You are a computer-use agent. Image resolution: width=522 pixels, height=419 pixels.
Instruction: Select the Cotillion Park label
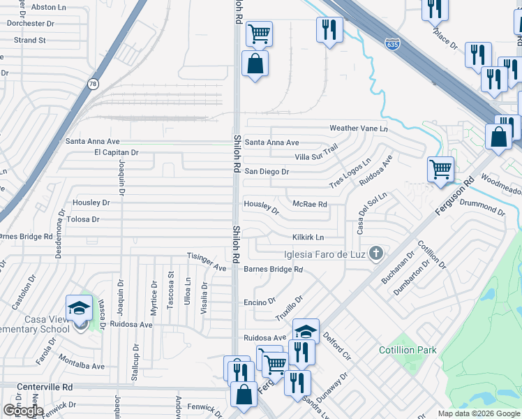click(406, 350)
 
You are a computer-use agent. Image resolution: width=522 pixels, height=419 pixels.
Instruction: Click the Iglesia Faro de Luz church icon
click(376, 253)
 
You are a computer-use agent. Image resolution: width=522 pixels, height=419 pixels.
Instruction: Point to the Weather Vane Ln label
click(358, 128)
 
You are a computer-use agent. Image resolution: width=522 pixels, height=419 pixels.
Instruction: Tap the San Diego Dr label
click(266, 171)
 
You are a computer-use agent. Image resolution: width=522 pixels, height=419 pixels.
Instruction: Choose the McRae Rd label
click(310, 204)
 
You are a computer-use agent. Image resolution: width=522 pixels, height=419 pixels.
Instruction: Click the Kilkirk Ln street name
click(308, 237)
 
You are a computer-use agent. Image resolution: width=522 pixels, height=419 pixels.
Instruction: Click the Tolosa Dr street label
click(84, 219)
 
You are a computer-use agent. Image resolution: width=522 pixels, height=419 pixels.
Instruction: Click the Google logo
click(23, 410)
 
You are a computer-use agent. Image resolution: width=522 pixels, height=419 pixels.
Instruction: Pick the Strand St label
click(29, 41)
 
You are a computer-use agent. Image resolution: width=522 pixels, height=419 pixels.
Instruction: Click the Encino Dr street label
click(255, 302)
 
